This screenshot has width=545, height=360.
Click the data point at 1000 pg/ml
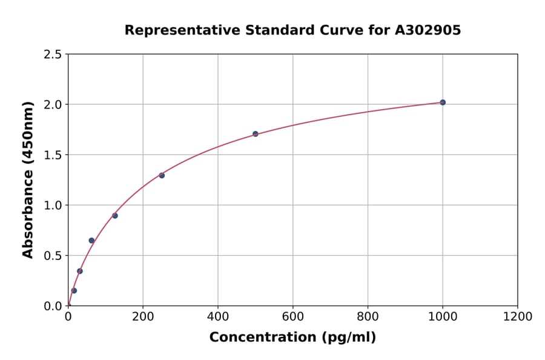[x=443, y=102]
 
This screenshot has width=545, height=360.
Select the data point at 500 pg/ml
[x=256, y=134]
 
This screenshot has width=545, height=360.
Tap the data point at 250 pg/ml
[x=162, y=175]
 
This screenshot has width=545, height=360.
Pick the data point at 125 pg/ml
[x=115, y=216]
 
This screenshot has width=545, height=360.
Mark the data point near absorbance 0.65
[x=91, y=241]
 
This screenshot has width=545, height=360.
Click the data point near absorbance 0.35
[x=80, y=271]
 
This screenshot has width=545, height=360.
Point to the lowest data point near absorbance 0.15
[x=74, y=290]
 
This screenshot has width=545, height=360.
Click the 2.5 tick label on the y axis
[x=52, y=55]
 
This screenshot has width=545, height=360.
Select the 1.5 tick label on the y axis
[x=52, y=155]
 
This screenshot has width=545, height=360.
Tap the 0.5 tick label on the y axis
[x=52, y=256]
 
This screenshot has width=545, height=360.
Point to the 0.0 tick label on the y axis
[x=52, y=306]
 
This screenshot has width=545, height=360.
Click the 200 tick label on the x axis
[x=143, y=317]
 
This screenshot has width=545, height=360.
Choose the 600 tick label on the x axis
[x=292, y=317]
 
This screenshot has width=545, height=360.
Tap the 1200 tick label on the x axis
[x=517, y=317]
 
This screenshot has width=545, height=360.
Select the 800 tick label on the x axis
[x=368, y=317]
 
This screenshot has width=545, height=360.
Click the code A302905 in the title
[x=428, y=30]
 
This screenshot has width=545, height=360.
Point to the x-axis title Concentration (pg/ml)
[x=292, y=338]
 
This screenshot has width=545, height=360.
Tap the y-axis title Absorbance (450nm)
[x=28, y=179]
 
